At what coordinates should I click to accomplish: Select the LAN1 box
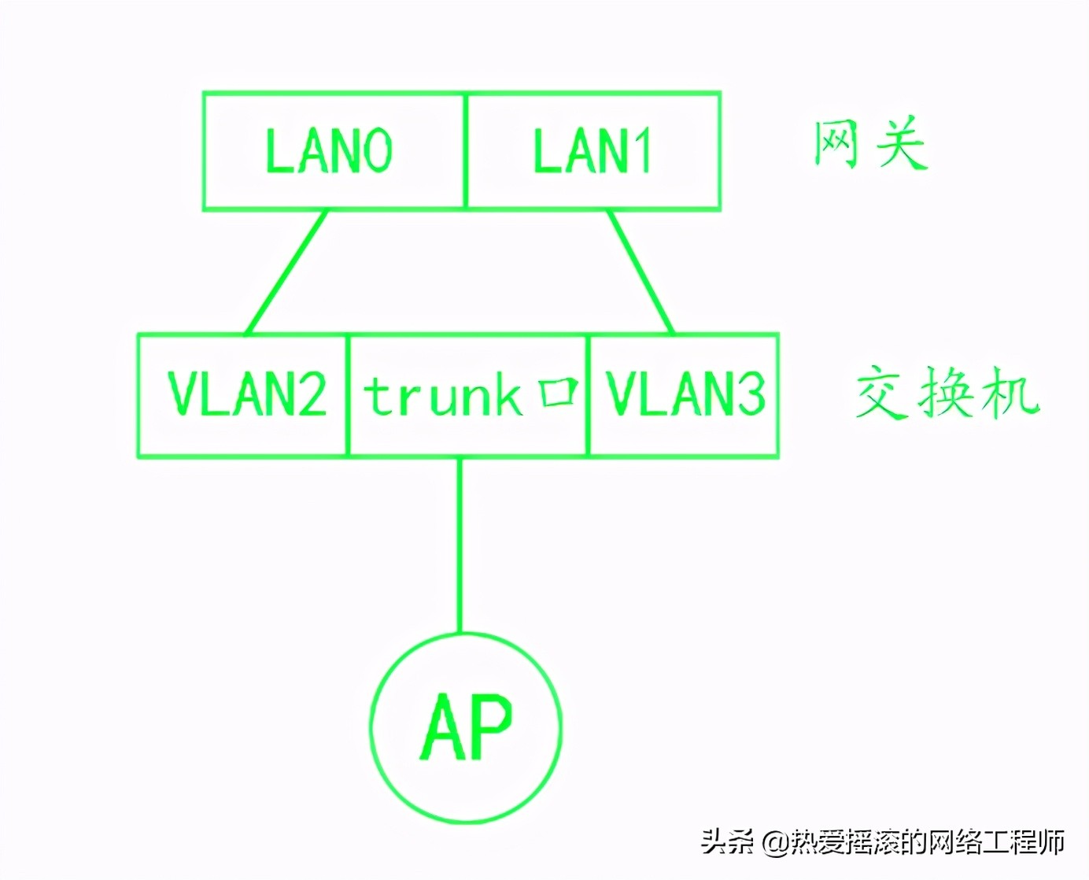point(592,151)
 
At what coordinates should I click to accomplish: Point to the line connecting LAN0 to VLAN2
point(286,272)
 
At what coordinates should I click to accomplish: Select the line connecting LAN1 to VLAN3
point(641,272)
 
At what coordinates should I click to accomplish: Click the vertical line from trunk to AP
point(460,543)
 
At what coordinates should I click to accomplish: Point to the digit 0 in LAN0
point(376,151)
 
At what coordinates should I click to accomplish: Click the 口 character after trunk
point(559,392)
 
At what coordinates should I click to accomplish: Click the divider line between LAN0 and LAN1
point(466,151)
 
